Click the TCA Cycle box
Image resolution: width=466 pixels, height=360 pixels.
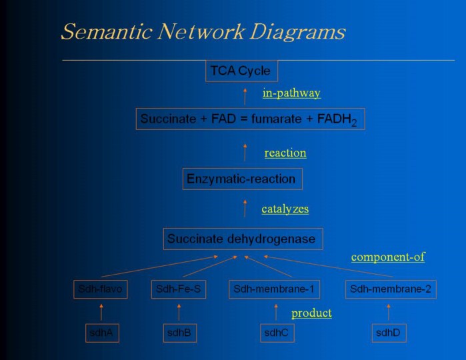pos(241,71)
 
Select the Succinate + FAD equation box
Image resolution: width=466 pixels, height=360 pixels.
pos(250,119)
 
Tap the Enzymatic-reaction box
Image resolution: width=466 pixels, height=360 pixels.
pos(242,179)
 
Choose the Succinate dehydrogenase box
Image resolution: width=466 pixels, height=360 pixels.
pos(243,239)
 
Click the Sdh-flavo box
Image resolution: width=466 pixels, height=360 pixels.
pos(100,289)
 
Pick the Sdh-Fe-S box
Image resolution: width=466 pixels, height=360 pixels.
pos(178,289)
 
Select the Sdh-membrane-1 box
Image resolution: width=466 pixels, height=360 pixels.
pos(274,289)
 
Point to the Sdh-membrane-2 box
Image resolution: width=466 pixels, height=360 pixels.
pos(391,289)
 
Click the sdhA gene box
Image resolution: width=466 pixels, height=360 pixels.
pos(102,333)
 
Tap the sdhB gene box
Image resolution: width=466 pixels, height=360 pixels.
pos(180,333)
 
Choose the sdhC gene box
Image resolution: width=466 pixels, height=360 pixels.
pos(275,333)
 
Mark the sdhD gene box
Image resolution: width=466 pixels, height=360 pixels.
pos(389,333)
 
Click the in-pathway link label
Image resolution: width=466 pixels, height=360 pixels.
pos(291,93)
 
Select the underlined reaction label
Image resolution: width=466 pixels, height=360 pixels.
pos(285,153)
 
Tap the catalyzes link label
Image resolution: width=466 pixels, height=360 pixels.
pos(285,209)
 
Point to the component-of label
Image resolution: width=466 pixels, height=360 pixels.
pos(388,257)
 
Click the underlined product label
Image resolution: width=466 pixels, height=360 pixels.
pos(311,313)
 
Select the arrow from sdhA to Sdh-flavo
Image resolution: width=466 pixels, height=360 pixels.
pos(101,311)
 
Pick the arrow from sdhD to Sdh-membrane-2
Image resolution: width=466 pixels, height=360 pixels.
pos(389,311)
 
